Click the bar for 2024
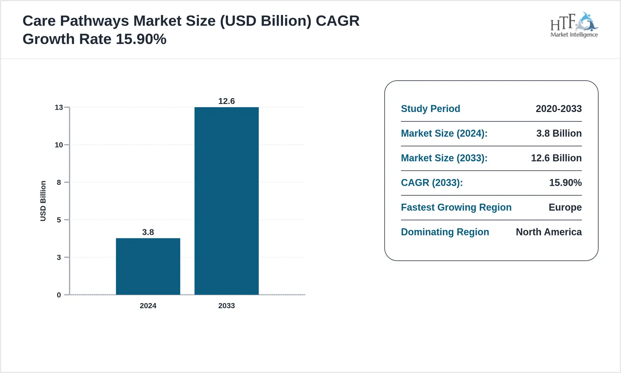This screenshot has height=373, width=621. (x=148, y=266)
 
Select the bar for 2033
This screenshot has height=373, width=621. (x=226, y=201)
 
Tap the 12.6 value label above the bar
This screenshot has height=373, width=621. (x=226, y=101)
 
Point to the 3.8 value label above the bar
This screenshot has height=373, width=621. (x=148, y=232)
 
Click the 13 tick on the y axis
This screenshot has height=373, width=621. (x=59, y=107)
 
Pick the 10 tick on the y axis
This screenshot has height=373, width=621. (x=59, y=145)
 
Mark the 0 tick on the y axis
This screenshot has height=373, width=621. (x=59, y=295)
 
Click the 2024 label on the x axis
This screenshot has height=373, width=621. (x=148, y=306)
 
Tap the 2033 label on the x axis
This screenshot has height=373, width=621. (x=226, y=306)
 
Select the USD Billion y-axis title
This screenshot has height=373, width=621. (x=43, y=201)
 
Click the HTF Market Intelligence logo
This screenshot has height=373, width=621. (x=574, y=25)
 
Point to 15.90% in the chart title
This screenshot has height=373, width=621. (x=141, y=39)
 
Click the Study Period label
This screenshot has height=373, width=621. (x=430, y=109)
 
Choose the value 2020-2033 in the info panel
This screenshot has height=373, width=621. (x=559, y=109)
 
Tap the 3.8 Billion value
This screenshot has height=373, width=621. (x=559, y=133)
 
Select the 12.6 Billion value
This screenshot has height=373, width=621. (x=556, y=158)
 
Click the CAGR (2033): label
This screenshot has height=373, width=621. (x=432, y=183)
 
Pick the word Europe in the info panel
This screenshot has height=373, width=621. (x=565, y=207)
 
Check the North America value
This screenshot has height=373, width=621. (x=549, y=232)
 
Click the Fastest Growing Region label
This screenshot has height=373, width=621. (x=456, y=207)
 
